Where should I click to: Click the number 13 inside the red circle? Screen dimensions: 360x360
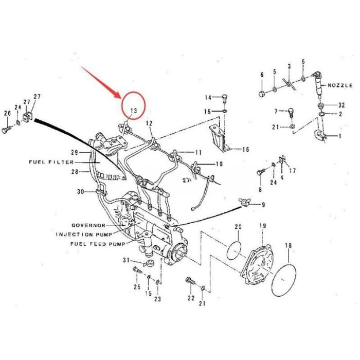(x=133, y=111)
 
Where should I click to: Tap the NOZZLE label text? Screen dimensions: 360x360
(x=340, y=84)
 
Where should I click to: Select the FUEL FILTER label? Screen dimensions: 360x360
(x=48, y=161)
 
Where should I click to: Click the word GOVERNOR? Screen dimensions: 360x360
(x=88, y=226)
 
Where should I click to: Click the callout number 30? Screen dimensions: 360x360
(x=80, y=192)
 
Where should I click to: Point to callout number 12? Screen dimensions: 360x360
(x=149, y=123)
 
